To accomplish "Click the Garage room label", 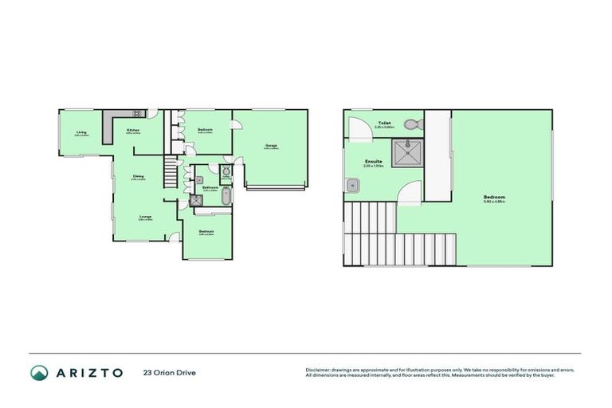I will (271, 145).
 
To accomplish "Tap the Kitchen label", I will (133, 129).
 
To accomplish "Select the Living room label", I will (81, 132).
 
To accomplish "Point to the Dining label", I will (138, 176).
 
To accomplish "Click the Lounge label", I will (145, 216).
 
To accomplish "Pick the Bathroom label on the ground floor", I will (210, 187).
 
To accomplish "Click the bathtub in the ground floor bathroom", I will (225, 197).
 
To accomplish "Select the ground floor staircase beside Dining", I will (170, 171).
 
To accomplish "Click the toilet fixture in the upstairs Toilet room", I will (411, 125).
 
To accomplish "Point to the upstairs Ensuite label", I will (373, 162).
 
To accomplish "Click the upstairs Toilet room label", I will (384, 123).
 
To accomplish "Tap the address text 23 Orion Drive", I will (170, 372).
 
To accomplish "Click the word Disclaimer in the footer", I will (319, 370).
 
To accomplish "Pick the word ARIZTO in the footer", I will (88, 372).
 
